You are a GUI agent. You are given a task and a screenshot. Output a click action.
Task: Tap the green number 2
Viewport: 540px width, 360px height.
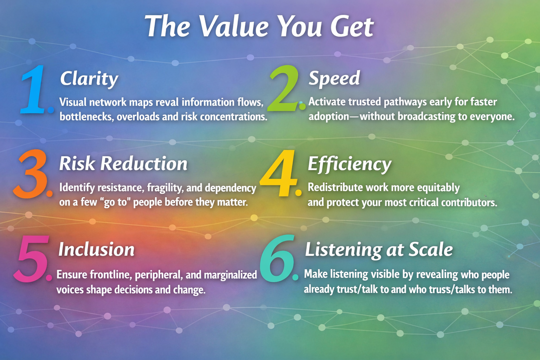284,89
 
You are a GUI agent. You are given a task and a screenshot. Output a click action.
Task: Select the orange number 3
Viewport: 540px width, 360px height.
31,174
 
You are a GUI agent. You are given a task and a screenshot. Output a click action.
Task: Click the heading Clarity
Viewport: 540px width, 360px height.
89,79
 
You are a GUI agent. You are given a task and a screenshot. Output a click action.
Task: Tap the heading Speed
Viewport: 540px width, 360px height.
334,78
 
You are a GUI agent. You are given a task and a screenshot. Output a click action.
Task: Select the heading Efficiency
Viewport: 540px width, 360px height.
349,164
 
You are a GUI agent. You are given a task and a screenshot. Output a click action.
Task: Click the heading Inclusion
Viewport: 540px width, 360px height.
96,250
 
